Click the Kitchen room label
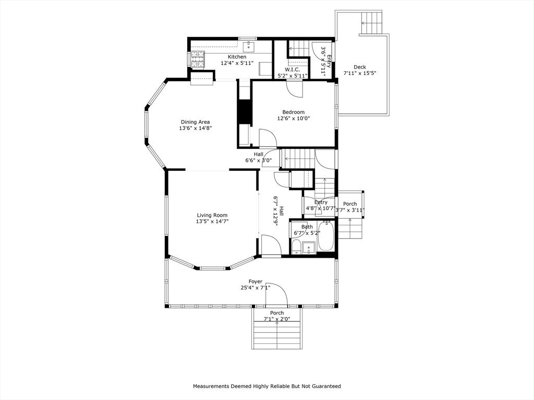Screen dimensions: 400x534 click(x=237, y=57)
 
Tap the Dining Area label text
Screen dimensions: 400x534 click(x=195, y=122)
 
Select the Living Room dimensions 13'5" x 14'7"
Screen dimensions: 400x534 click(x=212, y=221)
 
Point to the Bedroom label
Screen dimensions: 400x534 click(x=293, y=112)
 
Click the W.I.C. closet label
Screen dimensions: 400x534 click(x=292, y=70)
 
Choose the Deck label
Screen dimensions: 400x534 click(x=359, y=67)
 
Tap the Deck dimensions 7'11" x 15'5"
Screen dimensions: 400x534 click(x=359, y=73)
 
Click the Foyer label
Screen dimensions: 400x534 click(x=255, y=281)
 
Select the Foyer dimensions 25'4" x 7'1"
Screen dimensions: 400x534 click(x=255, y=287)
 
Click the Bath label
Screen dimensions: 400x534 click(x=307, y=227)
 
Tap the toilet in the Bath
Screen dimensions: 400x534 click(x=296, y=247)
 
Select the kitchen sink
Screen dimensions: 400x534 click(x=249, y=46)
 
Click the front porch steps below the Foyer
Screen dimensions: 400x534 click(x=276, y=336)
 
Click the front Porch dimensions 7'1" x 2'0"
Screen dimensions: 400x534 click(x=276, y=319)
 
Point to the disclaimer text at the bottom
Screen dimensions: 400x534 click(x=267, y=386)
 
